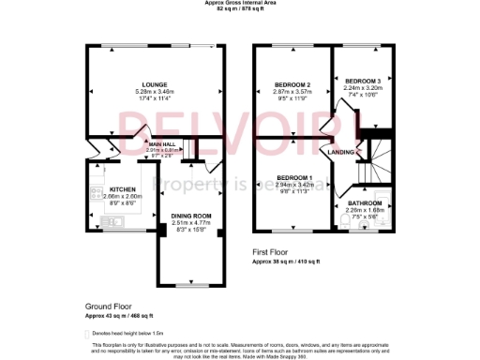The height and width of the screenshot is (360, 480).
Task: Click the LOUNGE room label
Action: tap(154, 83)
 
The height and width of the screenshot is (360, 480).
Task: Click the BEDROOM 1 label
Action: tap(294, 177)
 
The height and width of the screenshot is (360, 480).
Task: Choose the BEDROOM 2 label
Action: tap(292, 84)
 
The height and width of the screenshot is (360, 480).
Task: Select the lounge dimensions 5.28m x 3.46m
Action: tap(154, 90)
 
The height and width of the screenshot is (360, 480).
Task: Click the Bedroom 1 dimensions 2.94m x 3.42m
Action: tap(294, 184)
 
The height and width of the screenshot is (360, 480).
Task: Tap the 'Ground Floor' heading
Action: tap(108, 306)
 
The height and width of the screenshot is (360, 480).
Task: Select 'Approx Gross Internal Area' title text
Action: tap(240, 3)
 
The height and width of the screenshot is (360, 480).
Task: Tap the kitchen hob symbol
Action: tap(95, 194)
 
